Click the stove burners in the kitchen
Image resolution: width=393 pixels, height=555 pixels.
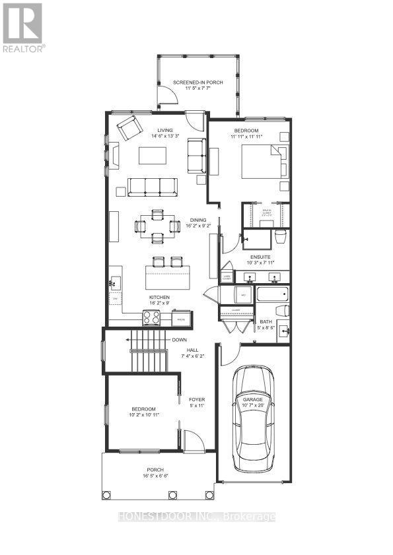pos(151,318)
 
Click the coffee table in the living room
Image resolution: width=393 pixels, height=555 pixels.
pos(153,156)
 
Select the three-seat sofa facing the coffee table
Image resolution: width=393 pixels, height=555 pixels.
pos(152,187)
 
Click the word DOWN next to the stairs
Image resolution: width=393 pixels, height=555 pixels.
pos(179,340)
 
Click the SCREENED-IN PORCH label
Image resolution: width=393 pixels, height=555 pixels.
pos(198,82)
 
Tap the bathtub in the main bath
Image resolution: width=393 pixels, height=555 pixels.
pos(271,294)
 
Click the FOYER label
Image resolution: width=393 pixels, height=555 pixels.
pos(196,399)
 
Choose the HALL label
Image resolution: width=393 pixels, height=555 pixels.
pos(192,350)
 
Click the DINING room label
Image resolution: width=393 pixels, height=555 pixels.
pos(198,220)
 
